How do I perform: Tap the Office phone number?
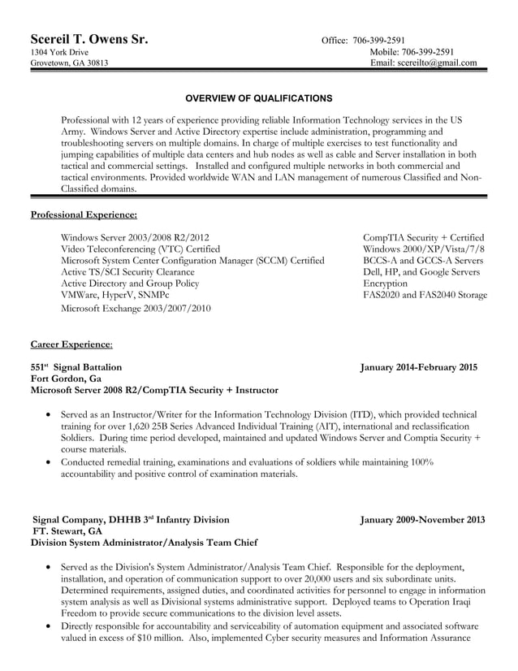(377, 41)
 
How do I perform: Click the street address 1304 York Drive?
(59, 52)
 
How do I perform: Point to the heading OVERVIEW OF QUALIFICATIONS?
(259, 98)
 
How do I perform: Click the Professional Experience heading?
(84, 214)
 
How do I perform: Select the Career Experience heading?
(71, 344)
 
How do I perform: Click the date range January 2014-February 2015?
(419, 367)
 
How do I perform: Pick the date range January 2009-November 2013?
(422, 519)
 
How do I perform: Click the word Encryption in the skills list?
(385, 284)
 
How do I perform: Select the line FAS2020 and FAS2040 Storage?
(425, 295)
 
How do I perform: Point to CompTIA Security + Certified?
(423, 237)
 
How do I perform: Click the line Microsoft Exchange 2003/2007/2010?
(136, 308)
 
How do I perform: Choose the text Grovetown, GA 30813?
(69, 63)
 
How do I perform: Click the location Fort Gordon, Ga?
(66, 379)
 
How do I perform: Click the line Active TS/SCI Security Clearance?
(127, 272)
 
